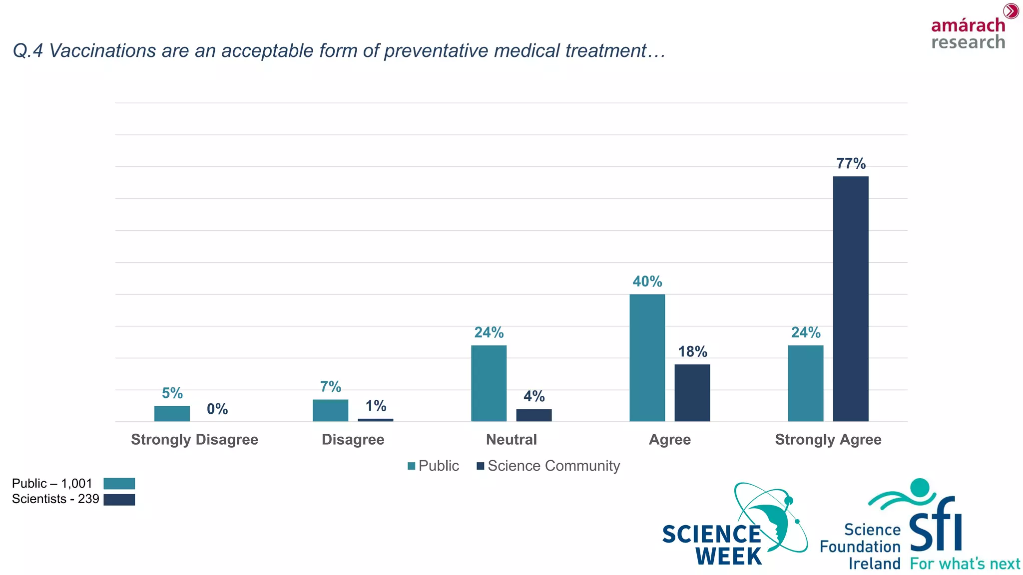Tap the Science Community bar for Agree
(x=692, y=393)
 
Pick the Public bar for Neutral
(x=489, y=383)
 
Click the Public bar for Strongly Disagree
(x=172, y=414)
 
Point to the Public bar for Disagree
(x=330, y=410)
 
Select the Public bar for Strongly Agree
(x=805, y=383)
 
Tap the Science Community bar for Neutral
(x=533, y=415)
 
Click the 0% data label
(x=217, y=409)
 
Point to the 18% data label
(x=692, y=352)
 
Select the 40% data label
(x=647, y=282)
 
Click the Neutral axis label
(x=511, y=440)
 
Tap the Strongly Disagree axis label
(x=194, y=440)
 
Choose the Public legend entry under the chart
(x=433, y=466)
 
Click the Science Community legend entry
(x=548, y=466)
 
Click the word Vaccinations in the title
(x=102, y=51)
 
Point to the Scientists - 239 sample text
(x=55, y=499)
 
